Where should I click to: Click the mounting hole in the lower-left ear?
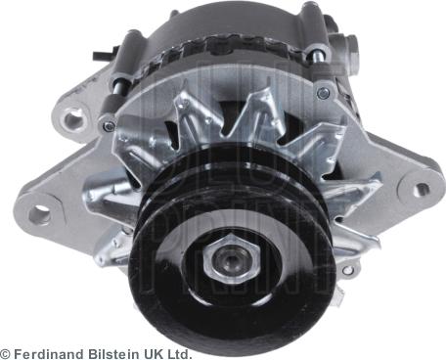(x=40, y=214)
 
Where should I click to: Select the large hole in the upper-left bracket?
(x=72, y=121)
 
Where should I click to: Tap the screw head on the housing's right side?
(x=324, y=93)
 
